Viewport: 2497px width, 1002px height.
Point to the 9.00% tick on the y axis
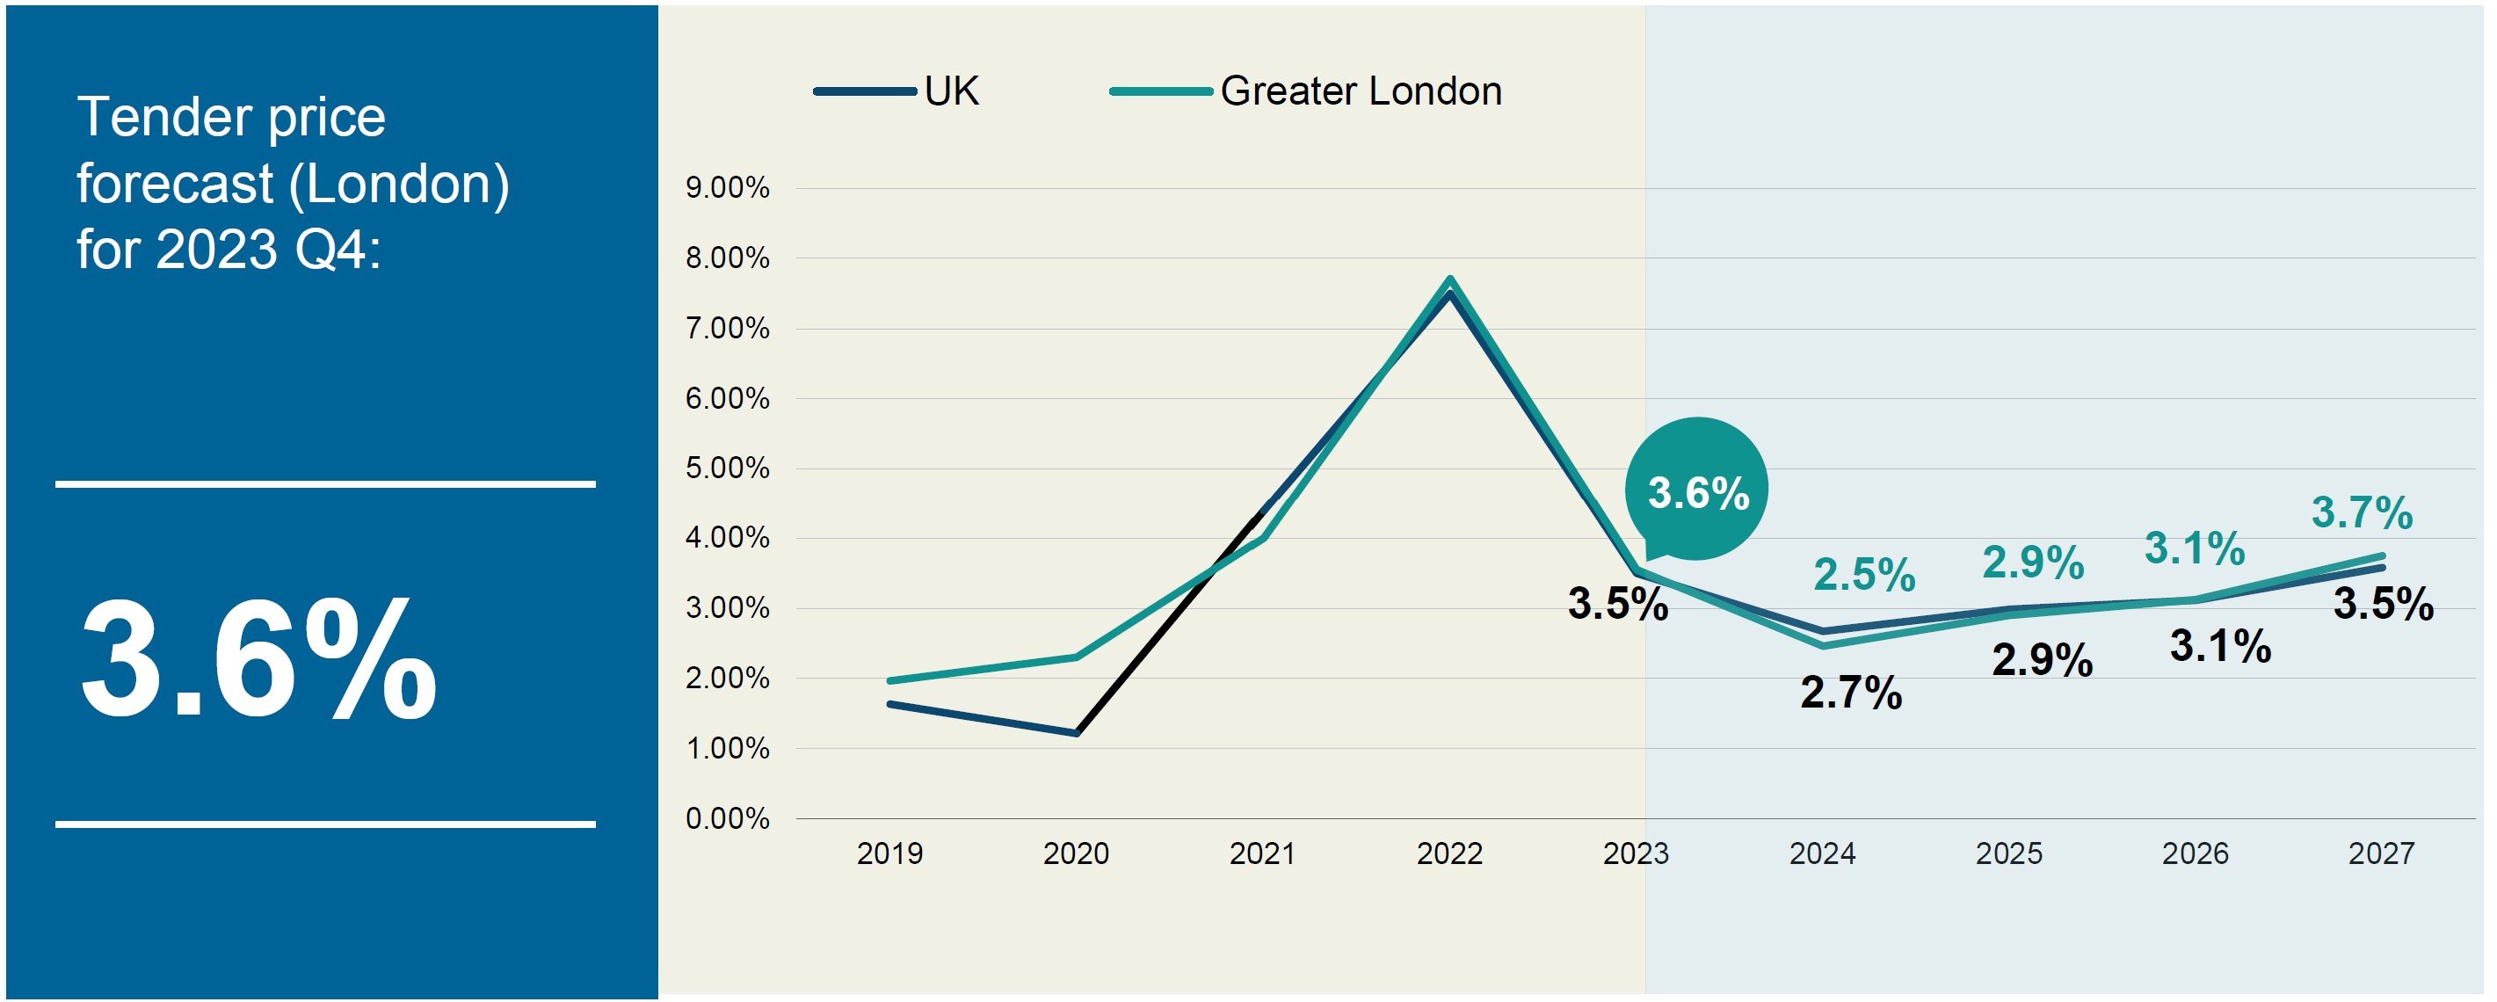(x=727, y=188)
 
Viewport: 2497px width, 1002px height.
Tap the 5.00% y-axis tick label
(x=727, y=469)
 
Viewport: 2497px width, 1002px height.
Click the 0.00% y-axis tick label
(x=727, y=819)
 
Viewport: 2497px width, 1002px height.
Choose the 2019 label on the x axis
(x=889, y=853)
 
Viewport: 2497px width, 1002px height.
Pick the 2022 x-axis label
(x=1449, y=853)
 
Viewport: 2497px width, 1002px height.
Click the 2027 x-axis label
(x=2381, y=853)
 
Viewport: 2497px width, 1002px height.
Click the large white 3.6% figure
(x=258, y=661)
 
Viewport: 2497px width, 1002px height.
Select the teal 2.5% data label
(x=1864, y=575)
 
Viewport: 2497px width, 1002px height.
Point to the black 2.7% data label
(x=1850, y=693)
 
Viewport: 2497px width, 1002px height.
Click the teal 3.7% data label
(x=2362, y=512)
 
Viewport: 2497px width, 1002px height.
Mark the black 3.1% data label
(x=2220, y=646)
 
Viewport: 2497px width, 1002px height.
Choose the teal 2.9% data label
(x=2033, y=563)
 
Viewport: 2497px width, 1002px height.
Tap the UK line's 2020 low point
(x=1076, y=734)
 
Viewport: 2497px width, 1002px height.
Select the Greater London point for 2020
(x=1076, y=657)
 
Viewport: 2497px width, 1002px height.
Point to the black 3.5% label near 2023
(x=1618, y=604)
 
